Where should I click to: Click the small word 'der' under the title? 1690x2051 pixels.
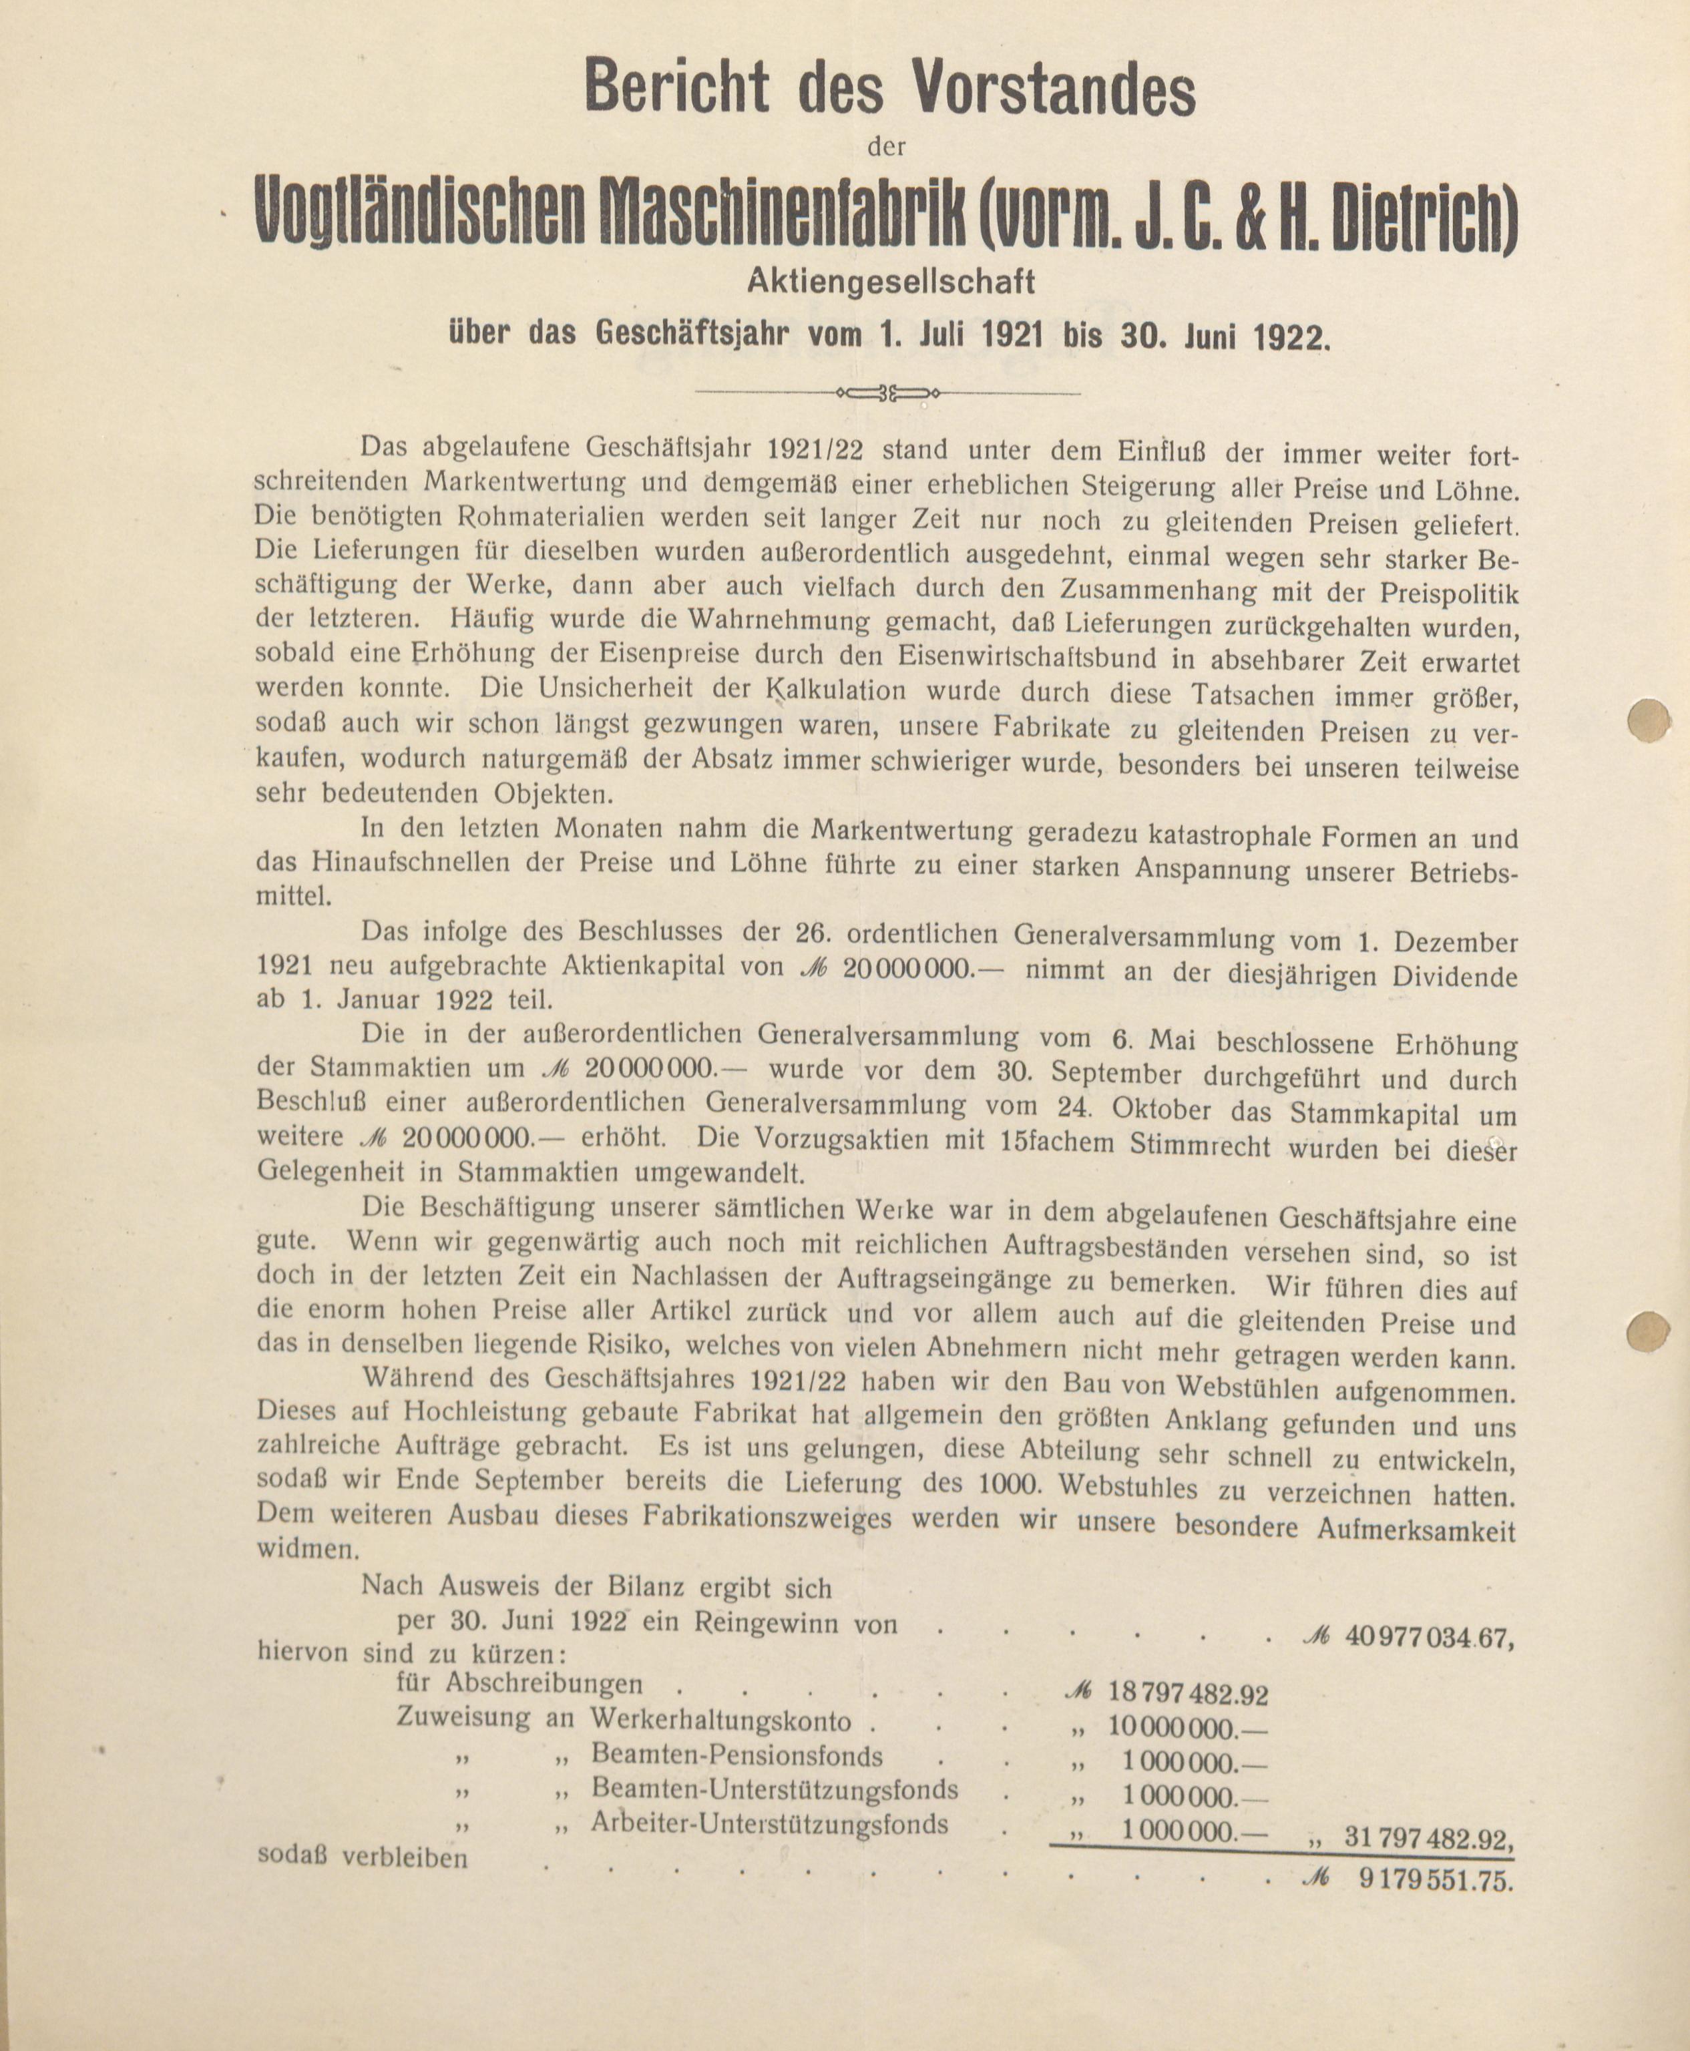[x=886, y=148]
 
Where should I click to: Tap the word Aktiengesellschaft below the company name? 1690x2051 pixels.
[x=890, y=282]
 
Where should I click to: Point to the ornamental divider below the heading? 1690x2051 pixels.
[x=887, y=393]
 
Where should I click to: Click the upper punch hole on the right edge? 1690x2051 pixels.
[x=1649, y=720]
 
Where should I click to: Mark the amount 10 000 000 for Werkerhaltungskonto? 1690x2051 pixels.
[x=1188, y=1729]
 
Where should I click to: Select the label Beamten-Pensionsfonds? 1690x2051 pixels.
[x=737, y=1756]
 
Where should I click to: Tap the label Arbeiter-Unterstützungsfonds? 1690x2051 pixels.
[x=769, y=1823]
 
